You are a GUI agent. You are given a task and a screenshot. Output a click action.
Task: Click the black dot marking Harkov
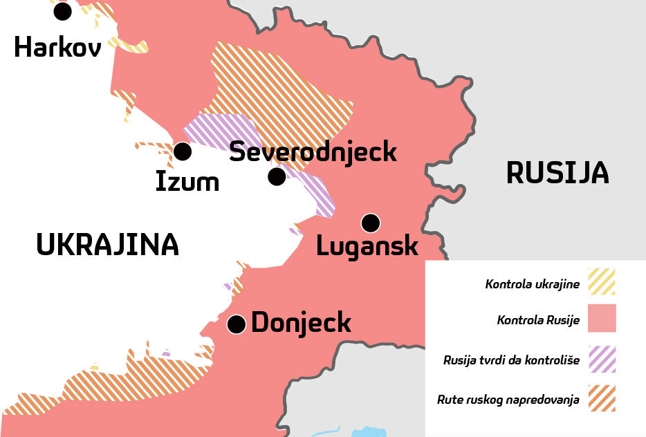pos(62,10)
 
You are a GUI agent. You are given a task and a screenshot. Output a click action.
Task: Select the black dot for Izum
pos(183,151)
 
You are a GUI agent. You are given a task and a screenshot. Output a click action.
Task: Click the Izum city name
pos(187,181)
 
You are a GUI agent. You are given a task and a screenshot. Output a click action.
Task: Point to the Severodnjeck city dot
pos(277,177)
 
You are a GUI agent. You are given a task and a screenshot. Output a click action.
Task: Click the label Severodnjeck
pos(313,151)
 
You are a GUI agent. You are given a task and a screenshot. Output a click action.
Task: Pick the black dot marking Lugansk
pos(371,223)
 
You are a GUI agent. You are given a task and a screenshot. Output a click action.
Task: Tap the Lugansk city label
pos(367,245)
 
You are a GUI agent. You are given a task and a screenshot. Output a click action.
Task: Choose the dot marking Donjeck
pos(237,324)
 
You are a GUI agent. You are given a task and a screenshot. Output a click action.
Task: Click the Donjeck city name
pos(302,323)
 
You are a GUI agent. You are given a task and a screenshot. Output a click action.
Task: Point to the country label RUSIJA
pos(557,172)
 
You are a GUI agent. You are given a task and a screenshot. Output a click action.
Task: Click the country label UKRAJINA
pos(107,245)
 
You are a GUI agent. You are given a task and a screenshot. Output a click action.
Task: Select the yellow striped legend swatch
pos(601,282)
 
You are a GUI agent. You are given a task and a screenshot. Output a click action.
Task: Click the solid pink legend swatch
pos(601,319)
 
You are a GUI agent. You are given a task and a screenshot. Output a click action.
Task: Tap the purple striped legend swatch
pos(601,359)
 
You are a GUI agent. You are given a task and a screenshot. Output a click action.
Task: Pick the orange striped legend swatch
pos(601,398)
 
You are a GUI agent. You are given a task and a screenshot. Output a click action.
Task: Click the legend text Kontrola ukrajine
pos(531,283)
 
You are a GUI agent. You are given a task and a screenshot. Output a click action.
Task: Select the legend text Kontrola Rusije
pos(537,320)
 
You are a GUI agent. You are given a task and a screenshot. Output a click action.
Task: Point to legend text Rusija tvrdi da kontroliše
pos(511,360)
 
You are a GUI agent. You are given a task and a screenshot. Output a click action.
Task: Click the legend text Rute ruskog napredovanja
pos(508,400)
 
